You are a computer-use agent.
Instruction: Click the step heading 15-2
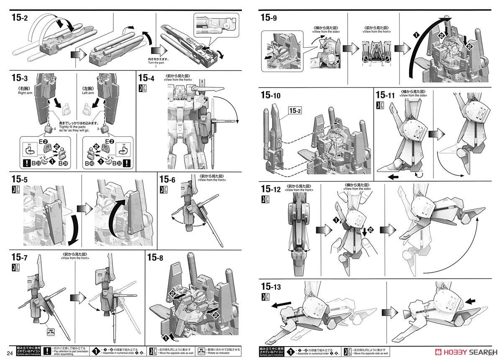[x=20, y=18]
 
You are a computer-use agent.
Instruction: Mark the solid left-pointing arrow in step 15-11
[x=393, y=177]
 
